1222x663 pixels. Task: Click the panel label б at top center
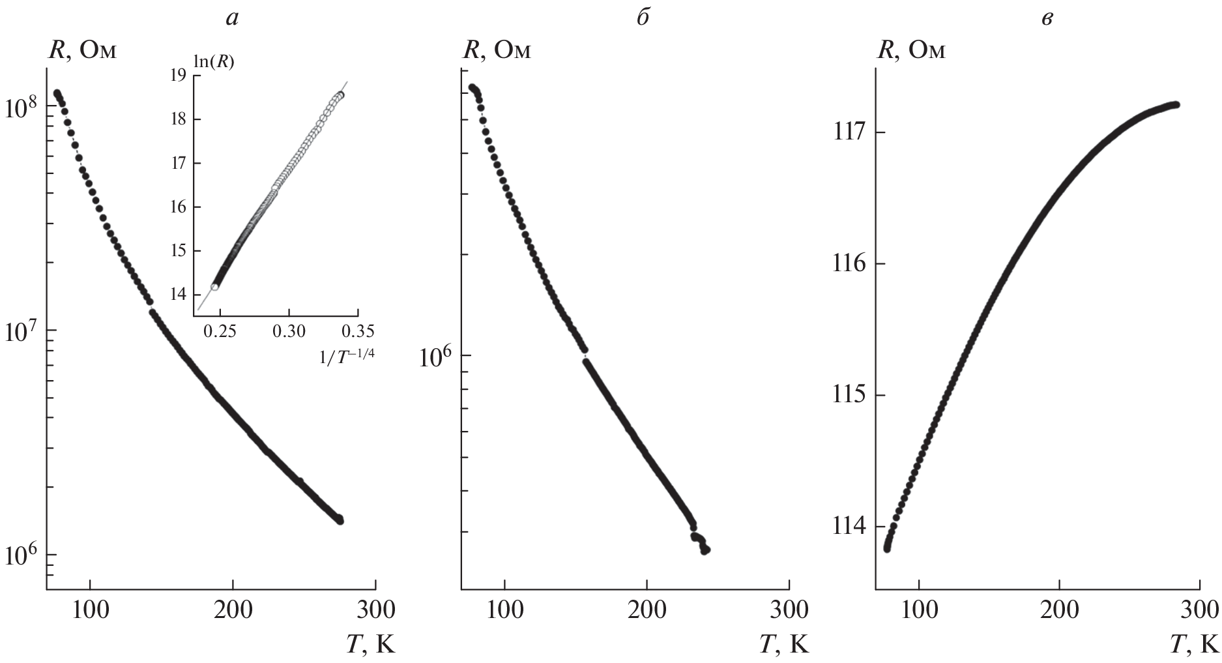tap(643, 18)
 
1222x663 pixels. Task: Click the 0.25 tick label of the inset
tap(220, 332)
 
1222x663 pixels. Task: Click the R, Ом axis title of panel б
tap(497, 50)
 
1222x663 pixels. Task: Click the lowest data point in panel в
tap(886, 548)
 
